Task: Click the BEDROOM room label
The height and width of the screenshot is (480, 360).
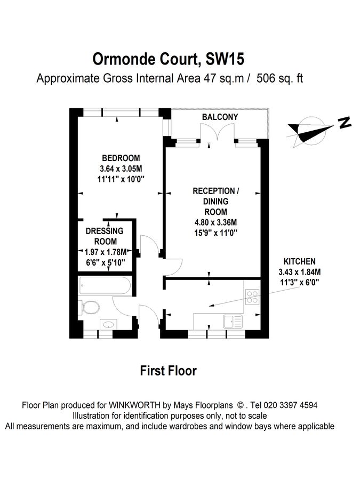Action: pyautogui.click(x=121, y=158)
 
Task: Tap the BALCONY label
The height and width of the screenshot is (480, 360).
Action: pyautogui.click(x=220, y=117)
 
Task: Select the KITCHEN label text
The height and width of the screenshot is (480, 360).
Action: pyautogui.click(x=299, y=261)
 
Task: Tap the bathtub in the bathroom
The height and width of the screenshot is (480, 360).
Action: pyautogui.click(x=104, y=286)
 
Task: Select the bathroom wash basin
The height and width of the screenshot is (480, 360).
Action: pyautogui.click(x=108, y=324)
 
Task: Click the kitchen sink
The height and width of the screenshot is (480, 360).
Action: pyautogui.click(x=233, y=322)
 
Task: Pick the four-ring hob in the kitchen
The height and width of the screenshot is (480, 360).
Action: pyautogui.click(x=252, y=298)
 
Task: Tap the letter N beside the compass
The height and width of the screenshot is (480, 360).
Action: pyautogui.click(x=345, y=123)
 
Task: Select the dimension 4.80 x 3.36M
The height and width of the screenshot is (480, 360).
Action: pyautogui.click(x=215, y=222)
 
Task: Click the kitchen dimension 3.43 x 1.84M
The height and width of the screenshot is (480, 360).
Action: pyautogui.click(x=299, y=272)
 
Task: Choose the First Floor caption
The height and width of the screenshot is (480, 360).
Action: pyautogui.click(x=168, y=370)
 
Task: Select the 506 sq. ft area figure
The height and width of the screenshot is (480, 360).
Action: pyautogui.click(x=280, y=78)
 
